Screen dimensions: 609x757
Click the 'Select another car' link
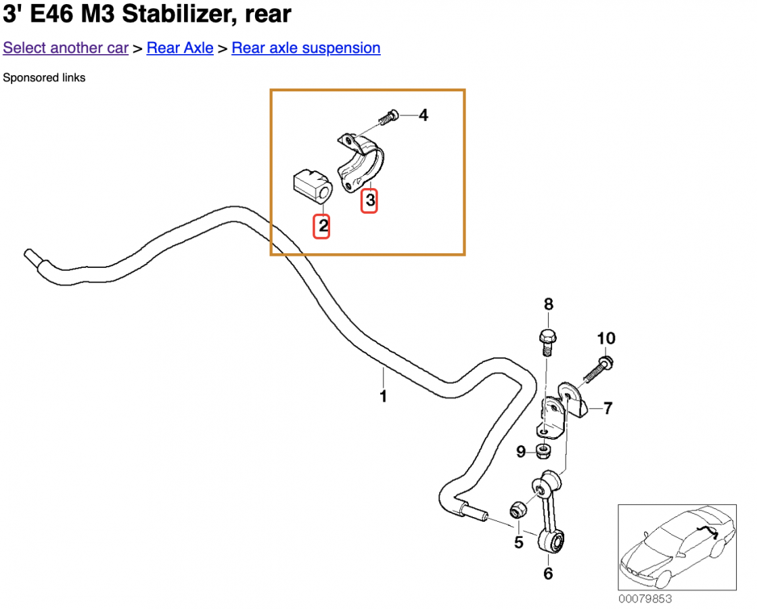(66, 48)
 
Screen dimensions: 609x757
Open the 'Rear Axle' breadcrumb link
(180, 48)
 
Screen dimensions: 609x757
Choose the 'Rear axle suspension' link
(306, 48)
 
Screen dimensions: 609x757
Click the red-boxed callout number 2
(323, 226)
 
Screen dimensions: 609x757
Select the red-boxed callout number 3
(369, 201)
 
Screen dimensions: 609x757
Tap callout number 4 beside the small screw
(423, 116)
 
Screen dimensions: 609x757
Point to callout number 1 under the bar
(383, 396)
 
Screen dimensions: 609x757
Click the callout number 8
(548, 304)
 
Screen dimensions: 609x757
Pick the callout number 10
(605, 338)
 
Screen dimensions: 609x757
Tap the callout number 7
(608, 408)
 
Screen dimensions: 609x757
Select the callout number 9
(521, 451)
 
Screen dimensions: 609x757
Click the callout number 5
(518, 542)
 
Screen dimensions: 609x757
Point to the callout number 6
(548, 574)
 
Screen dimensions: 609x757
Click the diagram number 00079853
(645, 599)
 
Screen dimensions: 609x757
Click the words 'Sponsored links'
(45, 78)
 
